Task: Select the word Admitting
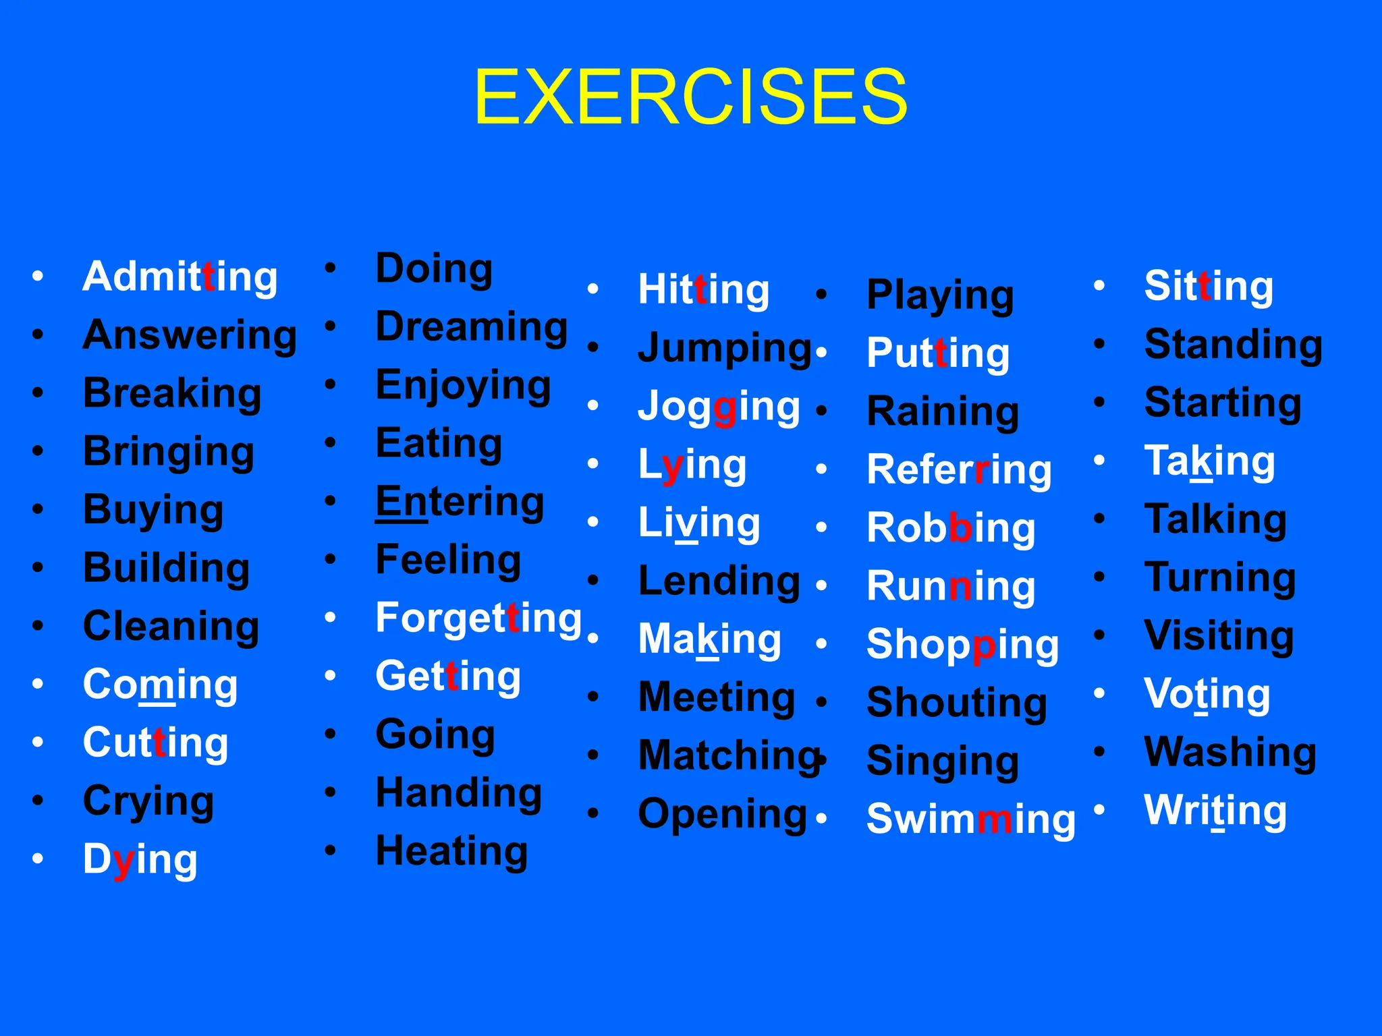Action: (179, 277)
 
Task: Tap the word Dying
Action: (140, 859)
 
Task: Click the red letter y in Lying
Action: (673, 466)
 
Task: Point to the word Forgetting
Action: (478, 618)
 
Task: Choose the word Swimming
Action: (970, 819)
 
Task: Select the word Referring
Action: (959, 469)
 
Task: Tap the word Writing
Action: (1215, 810)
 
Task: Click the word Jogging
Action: (719, 407)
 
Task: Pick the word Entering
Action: (460, 502)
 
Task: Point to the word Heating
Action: (451, 851)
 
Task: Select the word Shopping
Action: (962, 644)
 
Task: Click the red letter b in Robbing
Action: (960, 527)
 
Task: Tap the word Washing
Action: (1230, 751)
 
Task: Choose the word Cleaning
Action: (171, 626)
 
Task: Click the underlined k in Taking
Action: (1201, 461)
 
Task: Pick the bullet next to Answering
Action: (38, 335)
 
